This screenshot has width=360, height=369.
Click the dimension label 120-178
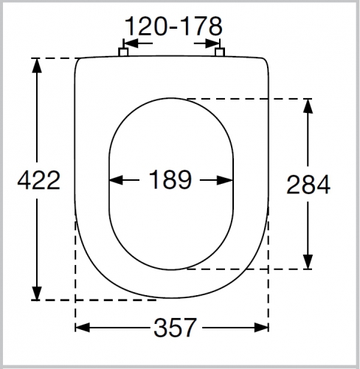pos(173,27)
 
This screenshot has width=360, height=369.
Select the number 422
pos(39,180)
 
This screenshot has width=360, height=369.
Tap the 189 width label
pos(170,179)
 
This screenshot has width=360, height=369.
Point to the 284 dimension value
pos(308,184)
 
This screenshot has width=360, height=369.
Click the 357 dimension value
pos(176,328)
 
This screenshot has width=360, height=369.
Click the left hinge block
pos(123,52)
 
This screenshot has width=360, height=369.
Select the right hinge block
pos(220,52)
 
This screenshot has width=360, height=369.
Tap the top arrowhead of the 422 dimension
pos(37,66)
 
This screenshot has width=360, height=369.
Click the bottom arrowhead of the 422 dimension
pos(37,293)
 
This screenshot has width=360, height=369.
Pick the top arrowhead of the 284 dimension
pos(308,106)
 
